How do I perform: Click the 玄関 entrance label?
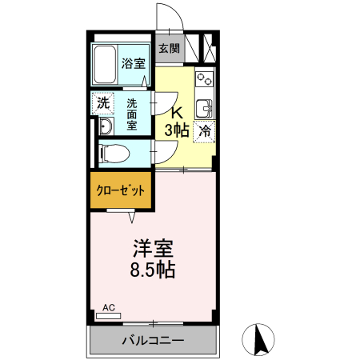168,48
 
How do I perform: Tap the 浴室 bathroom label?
133,63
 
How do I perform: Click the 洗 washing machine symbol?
103,102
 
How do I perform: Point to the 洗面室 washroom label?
133,114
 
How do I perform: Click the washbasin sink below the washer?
105,128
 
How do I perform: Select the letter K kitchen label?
177,112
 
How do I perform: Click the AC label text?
109,306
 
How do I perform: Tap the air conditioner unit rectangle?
108,315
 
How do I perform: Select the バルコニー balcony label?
152,341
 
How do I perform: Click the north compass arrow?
259,339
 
